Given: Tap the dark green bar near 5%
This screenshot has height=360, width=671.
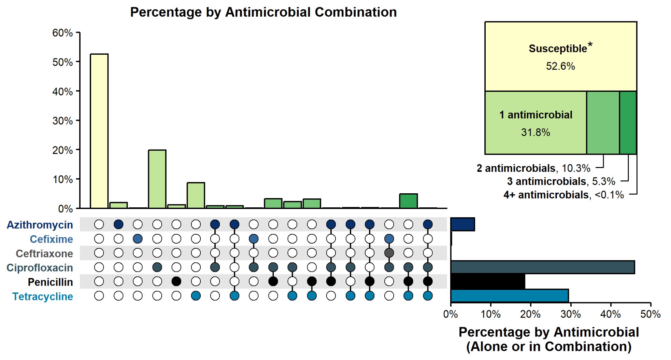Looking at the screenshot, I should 408,201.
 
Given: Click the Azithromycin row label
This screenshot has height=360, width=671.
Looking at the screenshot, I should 40,225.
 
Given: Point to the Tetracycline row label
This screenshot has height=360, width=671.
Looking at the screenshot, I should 43,296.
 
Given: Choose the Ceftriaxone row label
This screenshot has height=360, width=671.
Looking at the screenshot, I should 44,253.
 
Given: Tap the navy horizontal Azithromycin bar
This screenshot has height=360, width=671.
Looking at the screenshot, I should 462,224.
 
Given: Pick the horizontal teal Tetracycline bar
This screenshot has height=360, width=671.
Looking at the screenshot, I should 509,296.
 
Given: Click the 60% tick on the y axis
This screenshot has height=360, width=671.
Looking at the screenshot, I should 62,33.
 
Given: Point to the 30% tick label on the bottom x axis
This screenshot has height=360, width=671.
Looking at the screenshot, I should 570,314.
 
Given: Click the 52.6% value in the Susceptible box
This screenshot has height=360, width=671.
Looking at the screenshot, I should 560,66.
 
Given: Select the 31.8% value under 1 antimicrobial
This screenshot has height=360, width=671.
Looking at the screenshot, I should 536,132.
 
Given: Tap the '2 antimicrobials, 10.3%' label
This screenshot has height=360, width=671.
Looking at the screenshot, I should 533,168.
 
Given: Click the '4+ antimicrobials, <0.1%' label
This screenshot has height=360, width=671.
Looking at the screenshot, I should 563,195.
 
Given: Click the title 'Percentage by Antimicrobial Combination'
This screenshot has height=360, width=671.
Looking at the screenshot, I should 263,12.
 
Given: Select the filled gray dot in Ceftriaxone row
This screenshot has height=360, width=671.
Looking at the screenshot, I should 389,253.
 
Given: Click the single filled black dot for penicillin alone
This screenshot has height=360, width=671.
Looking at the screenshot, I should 176,281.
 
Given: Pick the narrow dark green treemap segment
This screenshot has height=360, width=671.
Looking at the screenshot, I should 628,122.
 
